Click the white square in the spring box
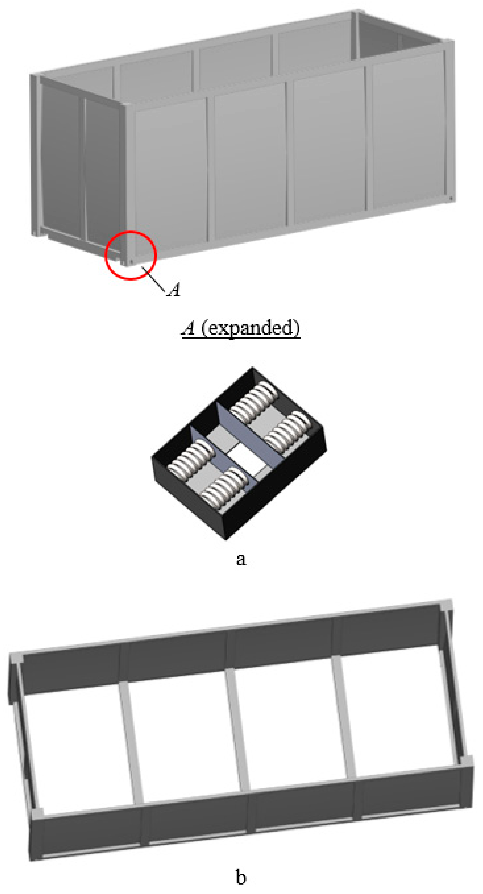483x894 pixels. pyautogui.click(x=247, y=458)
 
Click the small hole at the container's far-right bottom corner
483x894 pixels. pyautogui.click(x=451, y=198)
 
